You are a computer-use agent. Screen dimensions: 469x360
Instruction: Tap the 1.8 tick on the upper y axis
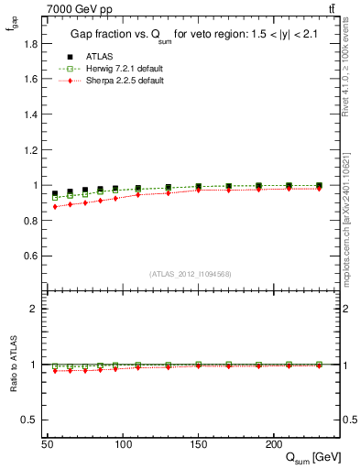(30, 44)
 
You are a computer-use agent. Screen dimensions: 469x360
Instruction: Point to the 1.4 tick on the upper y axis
(30, 115)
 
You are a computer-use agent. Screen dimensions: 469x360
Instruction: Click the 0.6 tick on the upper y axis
(30, 256)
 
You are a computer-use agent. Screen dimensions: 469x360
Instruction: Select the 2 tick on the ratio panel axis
(35, 309)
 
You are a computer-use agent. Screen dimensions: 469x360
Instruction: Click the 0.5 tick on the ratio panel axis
(30, 420)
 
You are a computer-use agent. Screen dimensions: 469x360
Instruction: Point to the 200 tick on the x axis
(273, 443)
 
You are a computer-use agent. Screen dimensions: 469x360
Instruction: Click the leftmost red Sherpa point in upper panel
(55, 207)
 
